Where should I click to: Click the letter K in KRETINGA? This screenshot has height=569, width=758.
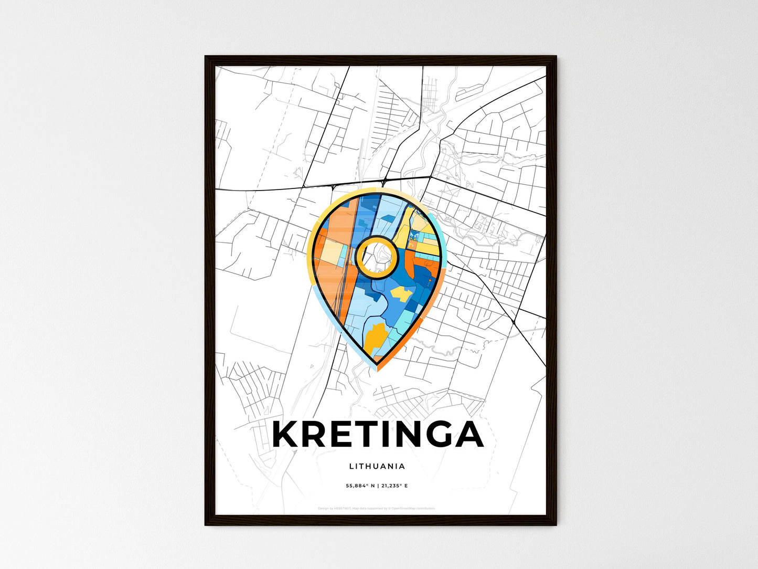pyautogui.click(x=286, y=434)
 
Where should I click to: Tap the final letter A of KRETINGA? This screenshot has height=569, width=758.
pyautogui.click(x=467, y=434)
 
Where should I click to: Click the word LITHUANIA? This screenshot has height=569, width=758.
pyautogui.click(x=377, y=466)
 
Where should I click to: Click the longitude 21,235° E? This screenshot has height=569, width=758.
pyautogui.click(x=394, y=486)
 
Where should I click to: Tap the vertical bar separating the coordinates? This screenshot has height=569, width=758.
pyautogui.click(x=377, y=486)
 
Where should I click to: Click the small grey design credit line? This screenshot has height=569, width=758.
pyautogui.click(x=377, y=508)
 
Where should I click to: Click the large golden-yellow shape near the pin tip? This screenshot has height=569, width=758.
pyautogui.click(x=376, y=338)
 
